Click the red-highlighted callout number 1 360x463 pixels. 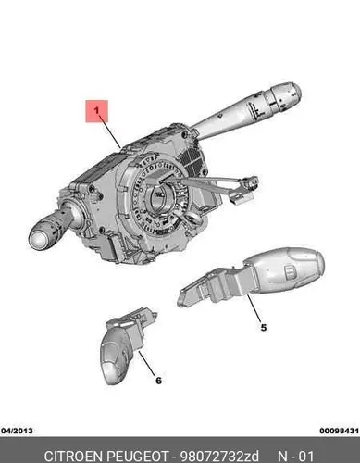97,111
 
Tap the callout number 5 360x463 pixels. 263,327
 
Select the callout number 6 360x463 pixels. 158,381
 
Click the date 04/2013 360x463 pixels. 18,431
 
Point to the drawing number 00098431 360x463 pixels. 340,431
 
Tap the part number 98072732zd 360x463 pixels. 219,457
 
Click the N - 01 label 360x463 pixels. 295,457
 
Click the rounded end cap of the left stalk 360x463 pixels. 39,239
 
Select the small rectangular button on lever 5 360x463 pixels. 290,272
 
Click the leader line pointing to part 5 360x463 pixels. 254,307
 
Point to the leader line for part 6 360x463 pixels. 147,363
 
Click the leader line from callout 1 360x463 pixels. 111,133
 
